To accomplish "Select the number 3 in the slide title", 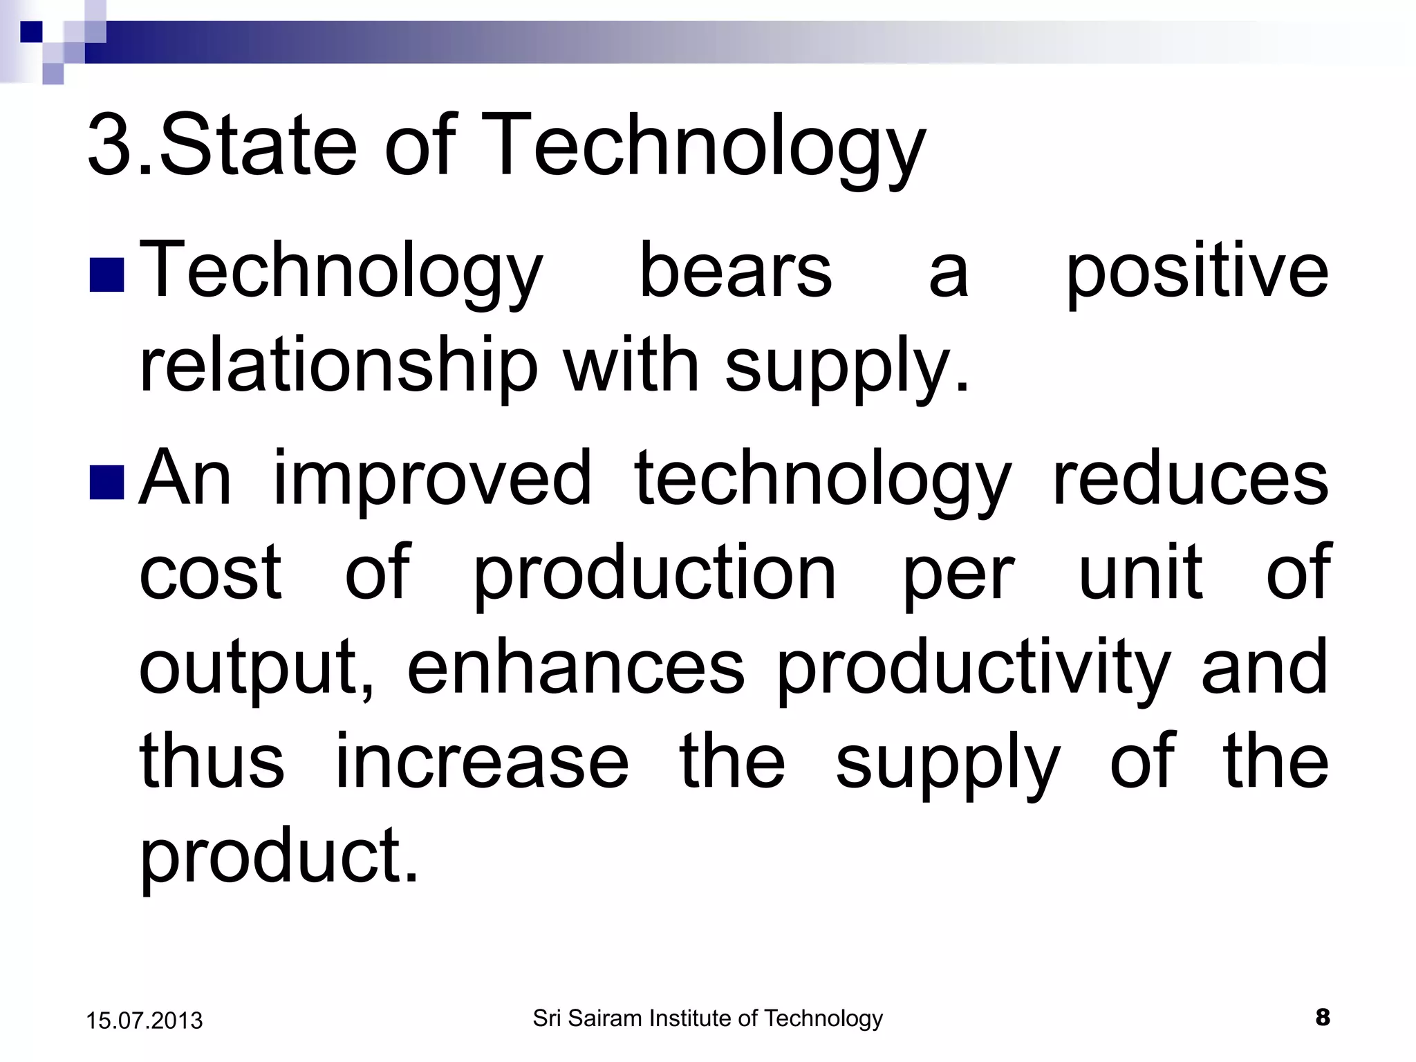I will pos(111,147).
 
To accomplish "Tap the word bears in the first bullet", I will pos(736,271).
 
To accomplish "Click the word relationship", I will pos(338,366).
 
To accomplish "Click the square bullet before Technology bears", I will pos(106,274).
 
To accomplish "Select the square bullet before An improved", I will pos(106,482).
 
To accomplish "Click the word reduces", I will pos(1190,478).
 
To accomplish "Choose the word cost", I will pos(210,573).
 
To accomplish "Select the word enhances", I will pos(575,667).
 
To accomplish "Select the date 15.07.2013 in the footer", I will pos(145,1021).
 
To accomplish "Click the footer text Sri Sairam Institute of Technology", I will pos(707,1018).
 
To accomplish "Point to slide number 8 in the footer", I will pos(1322,1017).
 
